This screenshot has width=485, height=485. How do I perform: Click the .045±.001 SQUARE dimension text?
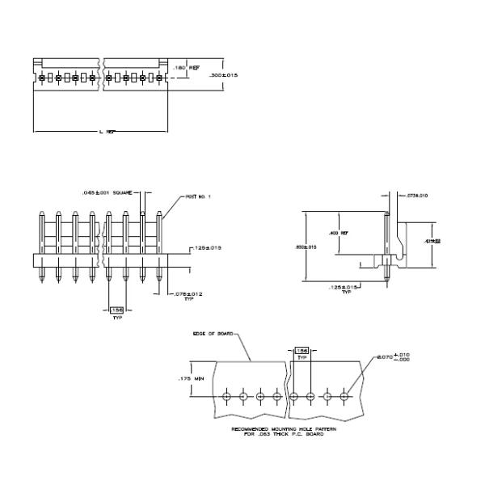pyautogui.click(x=106, y=192)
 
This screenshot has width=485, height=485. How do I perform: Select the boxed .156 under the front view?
pyautogui.click(x=116, y=309)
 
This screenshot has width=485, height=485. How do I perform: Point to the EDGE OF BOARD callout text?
pyautogui.click(x=213, y=333)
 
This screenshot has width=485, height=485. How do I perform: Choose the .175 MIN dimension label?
pyautogui.click(x=189, y=377)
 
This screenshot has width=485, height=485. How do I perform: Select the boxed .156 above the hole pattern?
pyautogui.click(x=301, y=351)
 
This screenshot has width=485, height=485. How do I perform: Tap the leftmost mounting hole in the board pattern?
pyautogui.click(x=227, y=396)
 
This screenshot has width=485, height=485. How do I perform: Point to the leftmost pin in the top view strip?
pyautogui.click(x=40, y=77)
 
